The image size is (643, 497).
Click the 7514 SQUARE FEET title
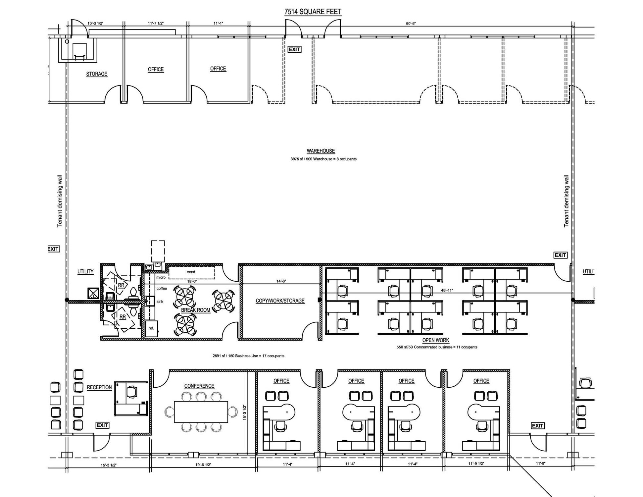(313, 12)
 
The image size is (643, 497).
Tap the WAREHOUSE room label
(321, 151)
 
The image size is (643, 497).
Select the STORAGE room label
(97, 74)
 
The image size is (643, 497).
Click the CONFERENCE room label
(199, 386)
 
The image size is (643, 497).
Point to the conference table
(201, 412)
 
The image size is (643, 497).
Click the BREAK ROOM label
(195, 310)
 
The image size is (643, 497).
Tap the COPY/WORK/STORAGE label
(280, 301)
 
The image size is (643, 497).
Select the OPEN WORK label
(436, 340)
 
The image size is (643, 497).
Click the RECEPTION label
(99, 387)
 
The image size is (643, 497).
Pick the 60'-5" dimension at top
(411, 24)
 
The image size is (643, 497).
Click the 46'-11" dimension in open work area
(447, 290)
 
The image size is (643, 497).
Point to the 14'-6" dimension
(281, 281)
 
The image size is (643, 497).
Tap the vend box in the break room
(191, 272)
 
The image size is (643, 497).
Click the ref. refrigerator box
(152, 328)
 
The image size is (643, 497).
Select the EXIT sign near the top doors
(294, 49)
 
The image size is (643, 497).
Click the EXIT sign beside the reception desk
(102, 425)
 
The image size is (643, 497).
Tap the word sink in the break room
(160, 302)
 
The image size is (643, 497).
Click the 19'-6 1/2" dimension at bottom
(203, 465)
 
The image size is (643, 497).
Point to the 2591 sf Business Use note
(248, 356)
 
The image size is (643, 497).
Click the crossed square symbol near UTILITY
(93, 293)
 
